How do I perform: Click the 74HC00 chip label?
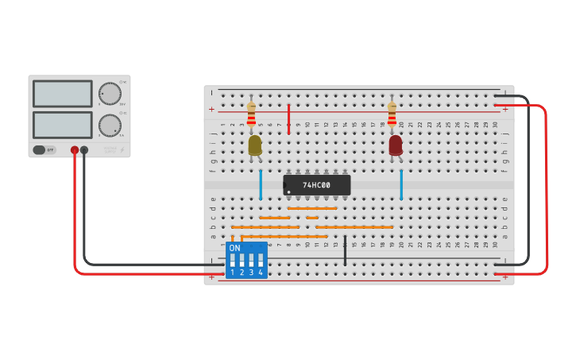click(316, 185)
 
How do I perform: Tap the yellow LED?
click(254, 145)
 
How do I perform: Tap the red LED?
click(396, 145)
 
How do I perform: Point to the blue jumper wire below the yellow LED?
click(260, 184)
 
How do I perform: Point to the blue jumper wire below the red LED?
click(401, 184)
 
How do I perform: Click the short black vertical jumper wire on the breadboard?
click(345, 250)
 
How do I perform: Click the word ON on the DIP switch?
click(234, 248)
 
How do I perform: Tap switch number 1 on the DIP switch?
click(232, 260)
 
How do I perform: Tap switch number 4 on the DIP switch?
click(261, 260)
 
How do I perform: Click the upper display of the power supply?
click(63, 94)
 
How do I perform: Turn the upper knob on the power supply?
click(110, 94)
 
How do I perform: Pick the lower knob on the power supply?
click(110, 126)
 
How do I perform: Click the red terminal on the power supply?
click(75, 149)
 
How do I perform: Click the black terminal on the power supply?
click(84, 149)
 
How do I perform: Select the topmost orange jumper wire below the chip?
click(312, 208)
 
